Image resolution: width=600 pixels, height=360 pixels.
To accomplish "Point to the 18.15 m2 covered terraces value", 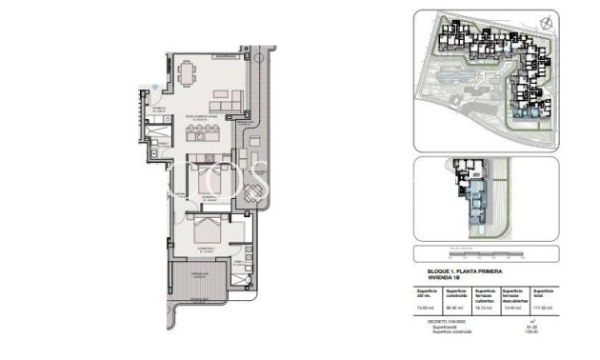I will (486, 307).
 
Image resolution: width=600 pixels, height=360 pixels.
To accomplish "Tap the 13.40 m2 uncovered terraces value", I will (514, 307).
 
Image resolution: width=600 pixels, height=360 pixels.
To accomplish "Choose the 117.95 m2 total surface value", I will (544, 307).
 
